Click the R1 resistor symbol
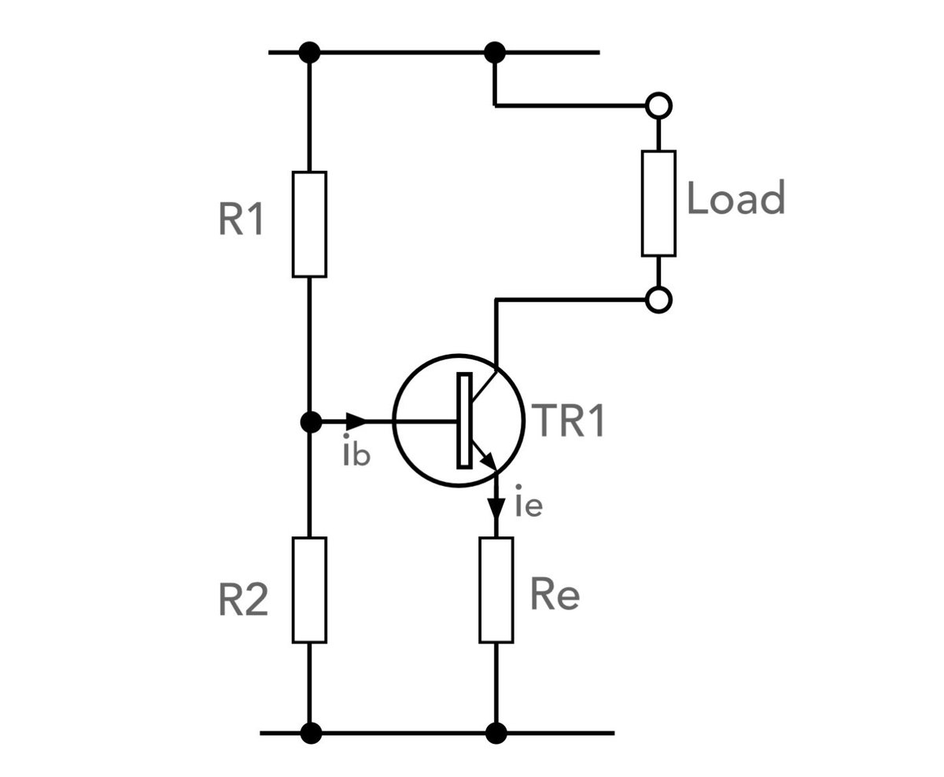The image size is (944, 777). point(309,224)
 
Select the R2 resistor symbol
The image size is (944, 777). point(309,590)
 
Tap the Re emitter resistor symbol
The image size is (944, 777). point(496,590)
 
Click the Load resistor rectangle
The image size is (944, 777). point(658,203)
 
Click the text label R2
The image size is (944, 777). point(242,602)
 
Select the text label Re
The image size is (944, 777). point(555,595)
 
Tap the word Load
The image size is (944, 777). point(736,198)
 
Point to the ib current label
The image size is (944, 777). point(356,454)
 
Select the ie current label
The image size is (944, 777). point(528,505)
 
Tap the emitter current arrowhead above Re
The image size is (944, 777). point(496,508)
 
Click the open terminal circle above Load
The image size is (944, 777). point(658,104)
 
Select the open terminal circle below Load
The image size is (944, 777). point(658,300)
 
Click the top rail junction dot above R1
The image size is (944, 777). point(311,53)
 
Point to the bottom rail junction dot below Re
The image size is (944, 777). point(496,733)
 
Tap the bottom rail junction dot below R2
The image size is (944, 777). point(311,733)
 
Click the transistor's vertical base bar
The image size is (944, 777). point(464,421)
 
